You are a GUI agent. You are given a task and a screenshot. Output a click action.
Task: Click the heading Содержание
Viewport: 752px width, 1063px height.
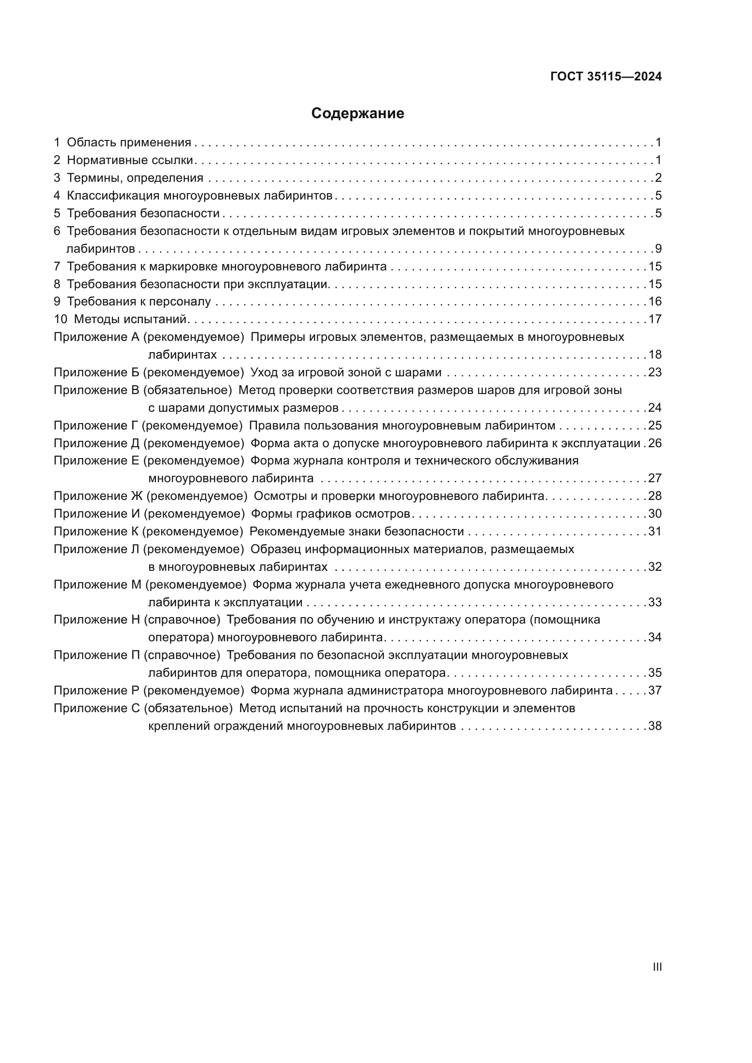tap(357, 114)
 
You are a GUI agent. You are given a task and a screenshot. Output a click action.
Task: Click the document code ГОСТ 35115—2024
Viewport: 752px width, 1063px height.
tap(606, 76)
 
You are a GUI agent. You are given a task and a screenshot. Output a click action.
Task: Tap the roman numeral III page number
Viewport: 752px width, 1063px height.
tap(657, 967)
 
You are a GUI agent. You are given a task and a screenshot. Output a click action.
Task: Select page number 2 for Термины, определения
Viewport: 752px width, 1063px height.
tap(658, 178)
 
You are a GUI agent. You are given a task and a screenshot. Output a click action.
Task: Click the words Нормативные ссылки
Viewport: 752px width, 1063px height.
tap(130, 160)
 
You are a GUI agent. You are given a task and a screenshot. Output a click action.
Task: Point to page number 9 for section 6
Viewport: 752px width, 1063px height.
tap(658, 249)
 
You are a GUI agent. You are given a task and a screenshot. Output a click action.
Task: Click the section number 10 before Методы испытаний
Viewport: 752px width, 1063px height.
tap(60, 319)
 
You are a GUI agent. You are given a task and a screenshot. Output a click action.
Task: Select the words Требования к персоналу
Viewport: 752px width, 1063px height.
tap(139, 301)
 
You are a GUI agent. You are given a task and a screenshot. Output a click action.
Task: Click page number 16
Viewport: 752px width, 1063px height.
tap(655, 301)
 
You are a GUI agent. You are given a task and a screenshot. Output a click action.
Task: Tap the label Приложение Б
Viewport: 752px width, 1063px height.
tap(96, 372)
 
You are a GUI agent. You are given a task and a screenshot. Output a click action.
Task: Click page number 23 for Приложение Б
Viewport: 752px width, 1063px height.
tap(655, 372)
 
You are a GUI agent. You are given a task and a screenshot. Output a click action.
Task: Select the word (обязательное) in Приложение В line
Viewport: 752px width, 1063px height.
tap(187, 390)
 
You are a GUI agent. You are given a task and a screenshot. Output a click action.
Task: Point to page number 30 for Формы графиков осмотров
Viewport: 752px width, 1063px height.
tap(655, 514)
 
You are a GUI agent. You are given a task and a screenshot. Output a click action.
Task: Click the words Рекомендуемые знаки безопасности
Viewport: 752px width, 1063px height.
tap(356, 531)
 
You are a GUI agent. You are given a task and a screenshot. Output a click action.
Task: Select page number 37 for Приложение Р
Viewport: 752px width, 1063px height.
tap(655, 690)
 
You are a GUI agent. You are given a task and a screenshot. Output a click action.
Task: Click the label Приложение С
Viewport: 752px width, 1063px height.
tap(96, 709)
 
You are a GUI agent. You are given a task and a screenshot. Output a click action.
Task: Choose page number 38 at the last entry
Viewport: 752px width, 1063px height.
tap(655, 726)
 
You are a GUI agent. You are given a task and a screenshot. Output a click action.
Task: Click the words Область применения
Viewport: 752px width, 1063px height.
tap(129, 143)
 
